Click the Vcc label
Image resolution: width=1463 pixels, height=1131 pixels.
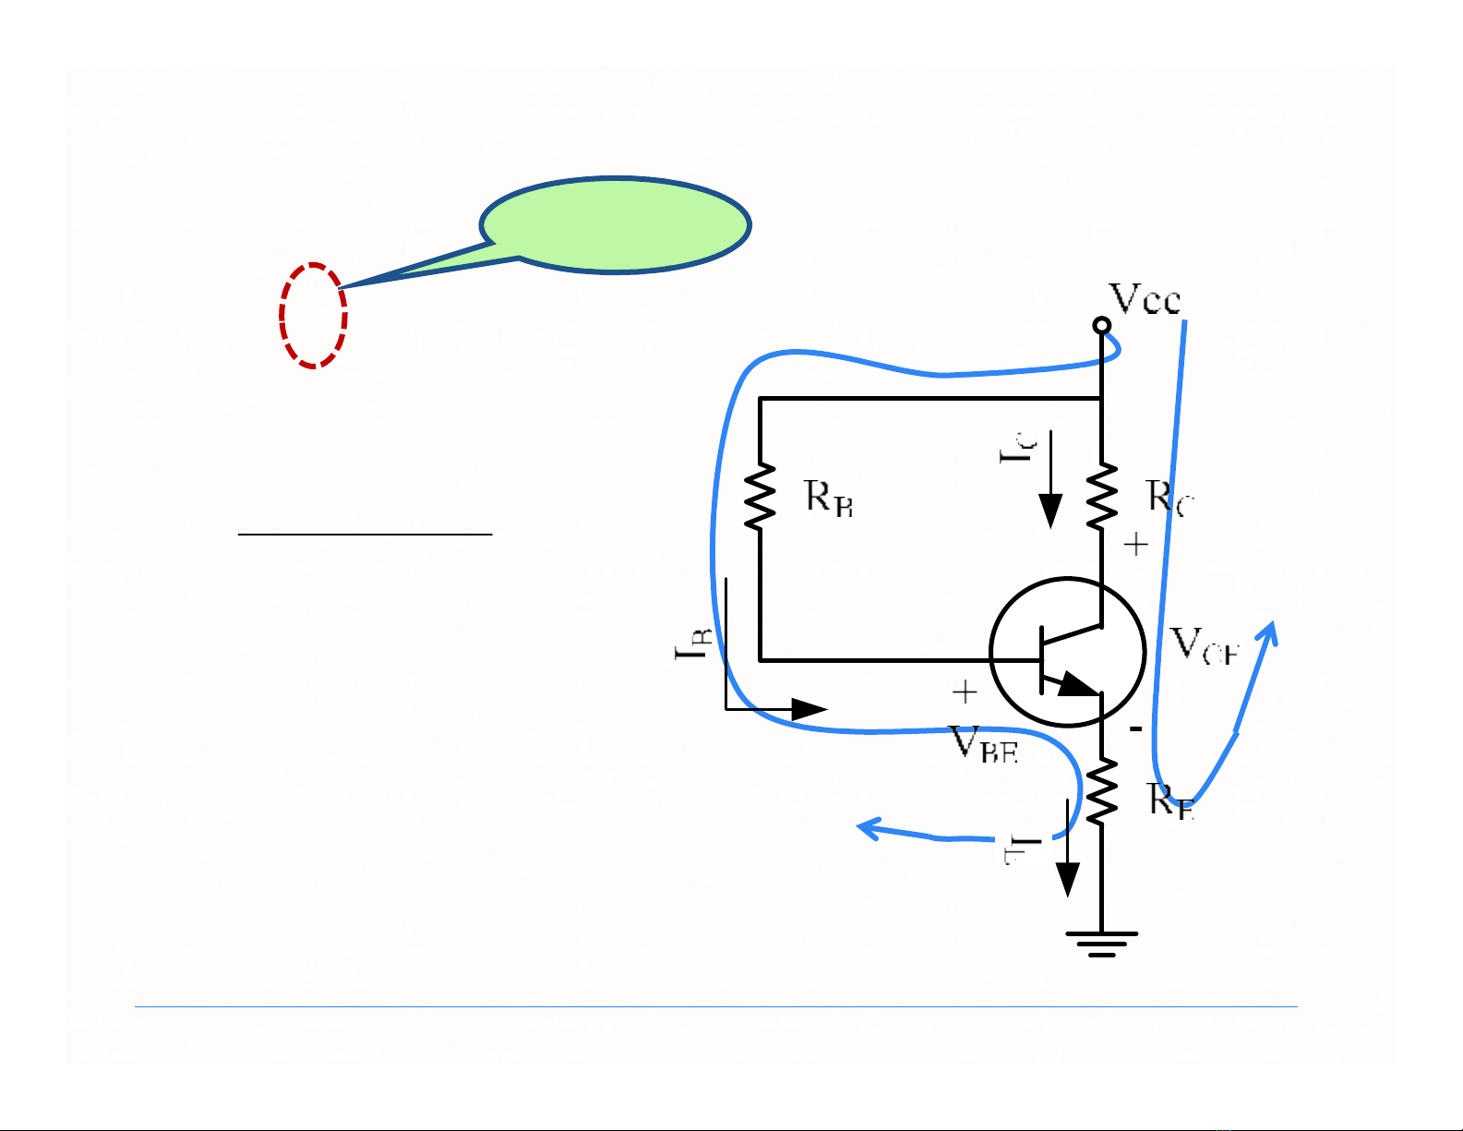pos(1145,299)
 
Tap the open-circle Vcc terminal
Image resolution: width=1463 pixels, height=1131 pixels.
pos(1101,325)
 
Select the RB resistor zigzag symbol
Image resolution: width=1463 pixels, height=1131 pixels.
pos(760,496)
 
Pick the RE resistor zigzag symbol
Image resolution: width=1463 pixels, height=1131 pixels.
pos(1101,791)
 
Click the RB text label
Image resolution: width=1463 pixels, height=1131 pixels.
pos(829,498)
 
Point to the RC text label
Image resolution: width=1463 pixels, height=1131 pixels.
pos(1170,498)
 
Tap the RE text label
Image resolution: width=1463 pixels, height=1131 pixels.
pos(1171,800)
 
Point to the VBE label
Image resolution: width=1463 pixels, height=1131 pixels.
pos(984,744)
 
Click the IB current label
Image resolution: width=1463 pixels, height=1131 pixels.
pos(694,642)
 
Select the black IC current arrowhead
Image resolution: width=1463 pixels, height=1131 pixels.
pos(1050,511)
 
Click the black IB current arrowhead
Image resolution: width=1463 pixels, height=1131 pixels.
pos(809,709)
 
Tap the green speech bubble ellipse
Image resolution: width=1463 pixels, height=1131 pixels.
pos(616,224)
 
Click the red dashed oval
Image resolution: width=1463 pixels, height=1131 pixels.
pos(313,316)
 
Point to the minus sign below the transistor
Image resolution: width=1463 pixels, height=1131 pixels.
pos(1136,729)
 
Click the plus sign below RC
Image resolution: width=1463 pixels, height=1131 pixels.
pos(1135,545)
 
